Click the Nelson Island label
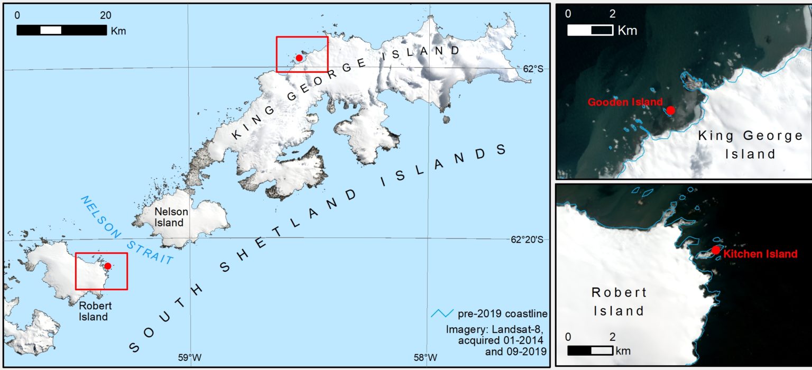coord(169,217)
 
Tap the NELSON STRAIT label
coord(127,230)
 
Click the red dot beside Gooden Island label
coord(670,110)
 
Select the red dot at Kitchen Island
coord(716,250)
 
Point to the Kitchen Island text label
coord(760,254)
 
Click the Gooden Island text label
coord(625,102)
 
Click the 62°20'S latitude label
coord(533,239)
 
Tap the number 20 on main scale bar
coord(105,15)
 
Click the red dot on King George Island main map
coord(299,58)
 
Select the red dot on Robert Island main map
coord(107,266)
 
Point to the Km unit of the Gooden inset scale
coord(628,30)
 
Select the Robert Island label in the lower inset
coord(618,301)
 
